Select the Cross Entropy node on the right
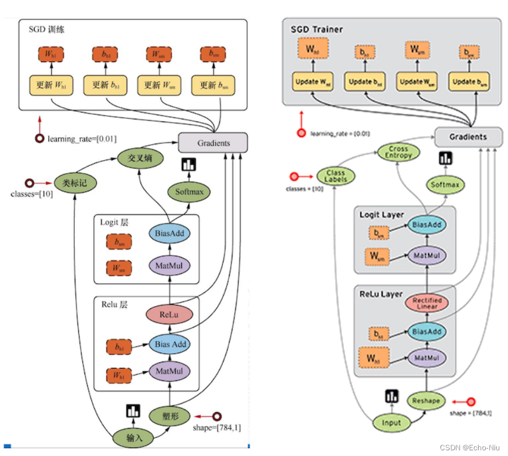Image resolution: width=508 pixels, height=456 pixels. click(399, 152)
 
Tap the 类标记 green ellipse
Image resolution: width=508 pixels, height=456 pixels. click(75, 183)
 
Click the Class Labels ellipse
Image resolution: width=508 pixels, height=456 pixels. click(336, 177)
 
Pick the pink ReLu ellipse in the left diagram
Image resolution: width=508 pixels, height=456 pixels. click(169, 315)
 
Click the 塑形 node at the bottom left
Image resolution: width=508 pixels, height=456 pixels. click(169, 416)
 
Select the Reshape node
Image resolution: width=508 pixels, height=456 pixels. click(426, 400)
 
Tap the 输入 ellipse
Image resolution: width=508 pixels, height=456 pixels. click(134, 438)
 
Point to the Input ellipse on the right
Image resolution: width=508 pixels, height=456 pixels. click(391, 422)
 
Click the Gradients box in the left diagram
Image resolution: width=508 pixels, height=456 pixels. click(214, 143)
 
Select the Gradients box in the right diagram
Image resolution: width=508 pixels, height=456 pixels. click(468, 137)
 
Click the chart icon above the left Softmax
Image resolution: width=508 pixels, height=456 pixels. click(188, 165)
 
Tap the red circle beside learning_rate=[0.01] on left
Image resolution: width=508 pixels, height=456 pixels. click(40, 139)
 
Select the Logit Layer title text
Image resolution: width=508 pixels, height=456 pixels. click(382, 215)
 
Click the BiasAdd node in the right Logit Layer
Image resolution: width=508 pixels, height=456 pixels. click(426, 225)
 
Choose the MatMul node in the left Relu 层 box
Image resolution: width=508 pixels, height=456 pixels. click(169, 371)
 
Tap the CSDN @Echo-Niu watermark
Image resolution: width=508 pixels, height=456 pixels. click(470, 447)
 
